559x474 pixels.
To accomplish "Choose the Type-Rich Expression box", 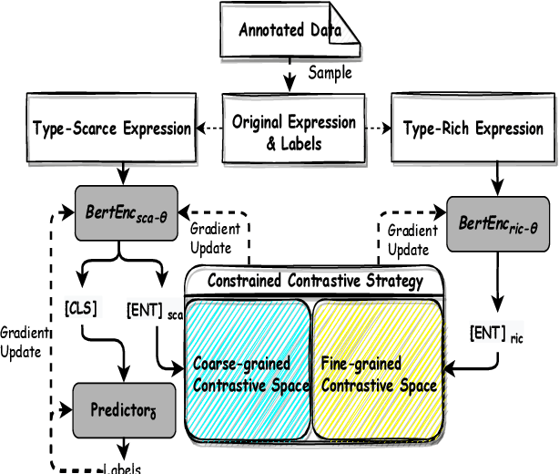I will pos(473,129).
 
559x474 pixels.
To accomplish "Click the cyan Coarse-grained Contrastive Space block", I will pos(249,374).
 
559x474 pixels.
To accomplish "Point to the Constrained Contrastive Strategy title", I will pos(315,281).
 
